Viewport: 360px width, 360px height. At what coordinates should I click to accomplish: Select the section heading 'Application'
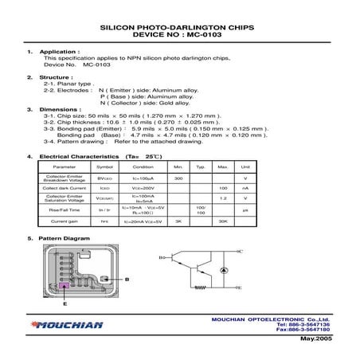coord(63,51)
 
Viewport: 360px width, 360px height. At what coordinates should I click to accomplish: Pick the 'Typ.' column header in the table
coord(201,166)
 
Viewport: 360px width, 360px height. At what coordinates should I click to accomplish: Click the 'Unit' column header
coord(246,166)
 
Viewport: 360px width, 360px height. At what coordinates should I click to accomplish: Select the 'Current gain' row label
coord(64,220)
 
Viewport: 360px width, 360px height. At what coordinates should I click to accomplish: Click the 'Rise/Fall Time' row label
coord(64,209)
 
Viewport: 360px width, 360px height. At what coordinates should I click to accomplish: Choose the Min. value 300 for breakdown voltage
coord(178,178)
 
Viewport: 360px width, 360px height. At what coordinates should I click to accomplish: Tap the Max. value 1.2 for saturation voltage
coord(224,198)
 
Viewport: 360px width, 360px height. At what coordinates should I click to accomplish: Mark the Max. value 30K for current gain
coord(224,220)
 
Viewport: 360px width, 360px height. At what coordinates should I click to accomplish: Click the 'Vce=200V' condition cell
coord(143,188)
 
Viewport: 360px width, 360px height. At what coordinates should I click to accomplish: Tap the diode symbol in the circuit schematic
coord(224,271)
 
